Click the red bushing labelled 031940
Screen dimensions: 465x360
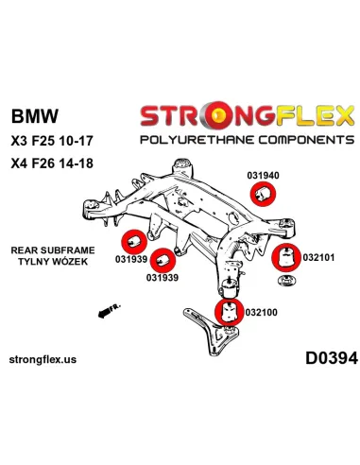click(x=266, y=171)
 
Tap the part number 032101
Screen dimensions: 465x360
click(x=319, y=256)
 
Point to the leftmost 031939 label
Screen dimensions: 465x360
click(x=132, y=261)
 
